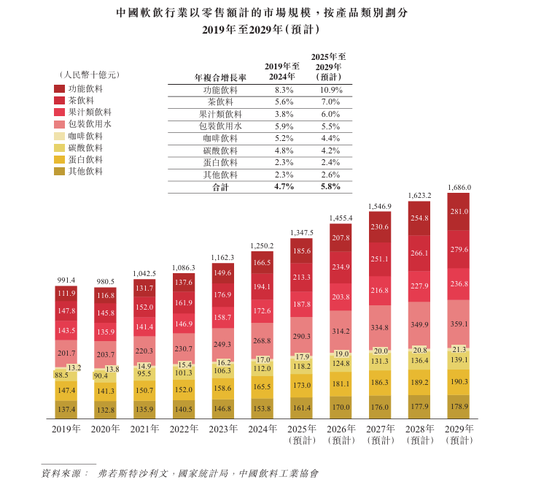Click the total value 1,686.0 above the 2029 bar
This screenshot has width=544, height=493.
458,187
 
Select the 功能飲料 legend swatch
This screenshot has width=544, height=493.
59,88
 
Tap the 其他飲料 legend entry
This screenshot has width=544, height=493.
85,171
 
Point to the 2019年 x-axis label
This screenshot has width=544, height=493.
66,429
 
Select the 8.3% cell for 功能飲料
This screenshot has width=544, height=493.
284,90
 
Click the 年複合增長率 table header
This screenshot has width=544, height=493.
220,77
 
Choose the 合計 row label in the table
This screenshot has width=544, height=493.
220,187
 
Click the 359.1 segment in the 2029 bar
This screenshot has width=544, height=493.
458,324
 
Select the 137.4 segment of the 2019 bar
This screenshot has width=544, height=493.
66,409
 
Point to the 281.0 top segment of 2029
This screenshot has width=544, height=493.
458,212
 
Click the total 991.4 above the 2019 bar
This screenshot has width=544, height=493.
66,280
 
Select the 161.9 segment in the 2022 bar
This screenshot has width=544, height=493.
184,302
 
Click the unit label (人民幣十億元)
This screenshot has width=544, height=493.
89,74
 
